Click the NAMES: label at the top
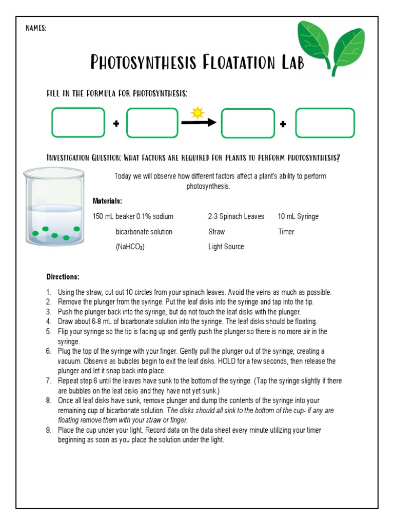[x=36, y=29]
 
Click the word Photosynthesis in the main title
[x=144, y=62]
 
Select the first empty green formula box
[x=78, y=123]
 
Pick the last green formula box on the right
[x=325, y=123]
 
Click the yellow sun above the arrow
[x=198, y=112]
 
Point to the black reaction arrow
[x=199, y=123]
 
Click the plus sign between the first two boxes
[x=116, y=124]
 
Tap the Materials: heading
[x=107, y=201]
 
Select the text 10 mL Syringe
[x=298, y=216]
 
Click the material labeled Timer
[x=286, y=232]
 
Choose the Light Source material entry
[x=226, y=247]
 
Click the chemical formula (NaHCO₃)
[x=130, y=247]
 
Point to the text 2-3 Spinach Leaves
[x=236, y=216]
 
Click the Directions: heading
[x=63, y=277]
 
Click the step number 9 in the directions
[x=49, y=430]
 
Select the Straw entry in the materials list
[x=216, y=232]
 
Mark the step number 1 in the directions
[x=49, y=292]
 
